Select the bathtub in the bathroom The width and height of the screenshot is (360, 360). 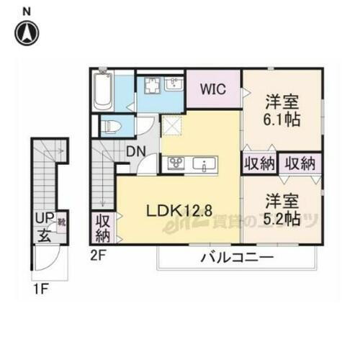pyautogui.click(x=102, y=90)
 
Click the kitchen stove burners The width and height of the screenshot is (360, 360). pyautogui.click(x=176, y=163)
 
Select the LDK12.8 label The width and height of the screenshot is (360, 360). pyautogui.click(x=179, y=211)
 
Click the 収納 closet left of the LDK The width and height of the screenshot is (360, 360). pyautogui.click(x=100, y=227)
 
